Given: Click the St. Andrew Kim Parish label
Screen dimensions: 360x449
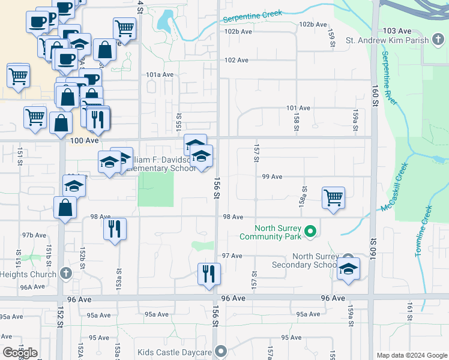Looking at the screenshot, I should coord(387,41).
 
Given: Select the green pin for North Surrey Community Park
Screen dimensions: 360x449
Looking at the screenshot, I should coord(310,230).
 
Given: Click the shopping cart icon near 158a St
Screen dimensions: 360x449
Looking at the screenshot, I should coord(333,197).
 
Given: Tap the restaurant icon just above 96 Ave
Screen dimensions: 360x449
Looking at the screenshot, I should coord(209,274).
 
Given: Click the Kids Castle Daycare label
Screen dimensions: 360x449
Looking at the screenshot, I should coord(175,352).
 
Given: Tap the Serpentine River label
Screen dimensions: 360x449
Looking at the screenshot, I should coord(389,78).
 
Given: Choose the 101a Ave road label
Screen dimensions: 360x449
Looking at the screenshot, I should coord(159,75).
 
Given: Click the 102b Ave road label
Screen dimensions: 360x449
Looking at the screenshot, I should coord(313,25).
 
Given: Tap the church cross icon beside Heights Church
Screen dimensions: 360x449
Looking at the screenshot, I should coord(66,274).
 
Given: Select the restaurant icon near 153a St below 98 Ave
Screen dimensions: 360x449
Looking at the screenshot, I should coord(114,229).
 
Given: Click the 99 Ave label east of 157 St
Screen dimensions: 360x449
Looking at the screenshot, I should coord(272,177).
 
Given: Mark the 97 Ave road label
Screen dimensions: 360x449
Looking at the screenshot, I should coord(232,256).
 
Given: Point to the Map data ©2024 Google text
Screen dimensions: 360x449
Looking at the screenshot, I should coord(412,355).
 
